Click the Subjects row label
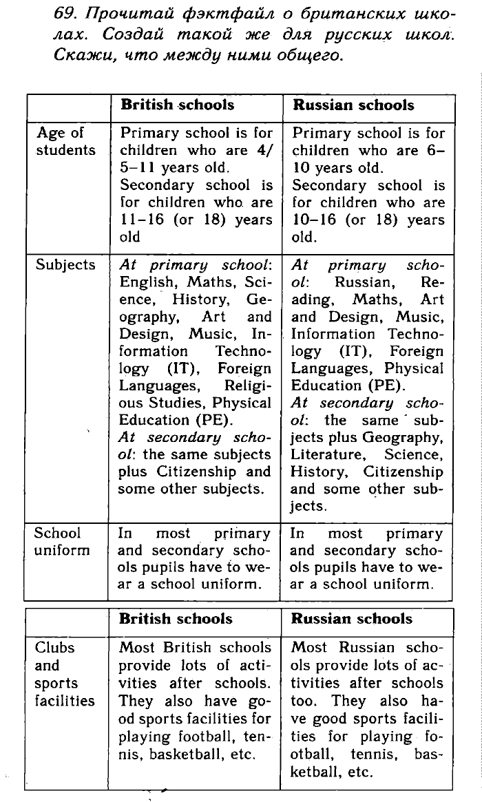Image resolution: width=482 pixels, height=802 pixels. (65, 265)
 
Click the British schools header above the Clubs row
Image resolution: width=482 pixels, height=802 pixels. (176, 618)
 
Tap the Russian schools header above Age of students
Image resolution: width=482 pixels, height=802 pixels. (353, 105)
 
